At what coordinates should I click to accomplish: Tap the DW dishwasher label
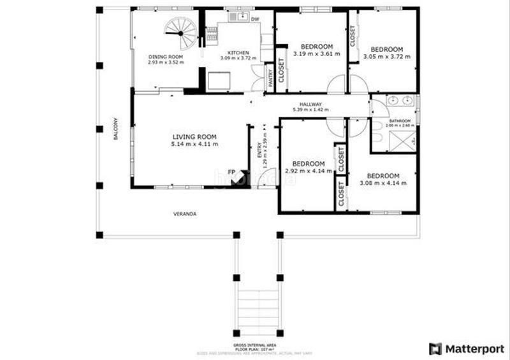(x=254, y=20)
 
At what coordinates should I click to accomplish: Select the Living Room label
(x=194, y=136)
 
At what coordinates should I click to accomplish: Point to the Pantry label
(x=270, y=77)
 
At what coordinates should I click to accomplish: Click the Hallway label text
(x=311, y=104)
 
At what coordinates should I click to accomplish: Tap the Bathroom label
(x=400, y=120)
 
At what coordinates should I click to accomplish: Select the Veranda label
(x=185, y=213)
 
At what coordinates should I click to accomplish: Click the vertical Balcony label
(x=116, y=129)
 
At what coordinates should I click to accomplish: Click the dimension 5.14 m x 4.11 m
(x=194, y=145)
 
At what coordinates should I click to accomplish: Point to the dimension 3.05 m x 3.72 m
(x=387, y=57)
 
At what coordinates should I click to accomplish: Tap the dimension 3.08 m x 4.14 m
(x=383, y=184)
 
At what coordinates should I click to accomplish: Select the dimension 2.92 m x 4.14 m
(x=307, y=171)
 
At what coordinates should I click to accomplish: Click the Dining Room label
(x=165, y=56)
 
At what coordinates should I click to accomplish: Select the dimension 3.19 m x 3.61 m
(x=317, y=54)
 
